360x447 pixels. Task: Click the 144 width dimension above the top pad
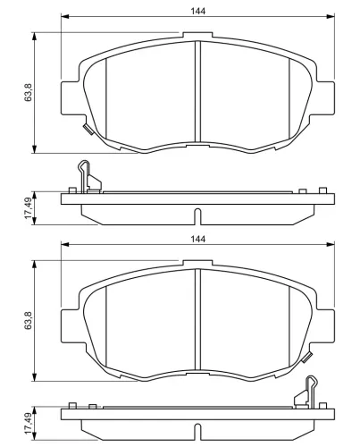coord(198,11)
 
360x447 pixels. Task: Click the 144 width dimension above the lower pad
coord(198,240)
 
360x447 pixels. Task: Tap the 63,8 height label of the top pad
coord(28,93)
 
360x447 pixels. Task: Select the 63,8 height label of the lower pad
coord(28,320)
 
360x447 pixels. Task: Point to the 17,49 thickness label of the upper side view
coord(29,208)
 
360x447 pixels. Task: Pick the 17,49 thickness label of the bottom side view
coord(29,423)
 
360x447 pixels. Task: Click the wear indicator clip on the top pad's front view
coord(88,130)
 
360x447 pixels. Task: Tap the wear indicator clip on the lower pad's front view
coord(307,358)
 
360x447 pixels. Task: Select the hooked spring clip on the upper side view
coord(88,177)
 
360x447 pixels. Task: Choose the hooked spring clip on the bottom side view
coord(306,392)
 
